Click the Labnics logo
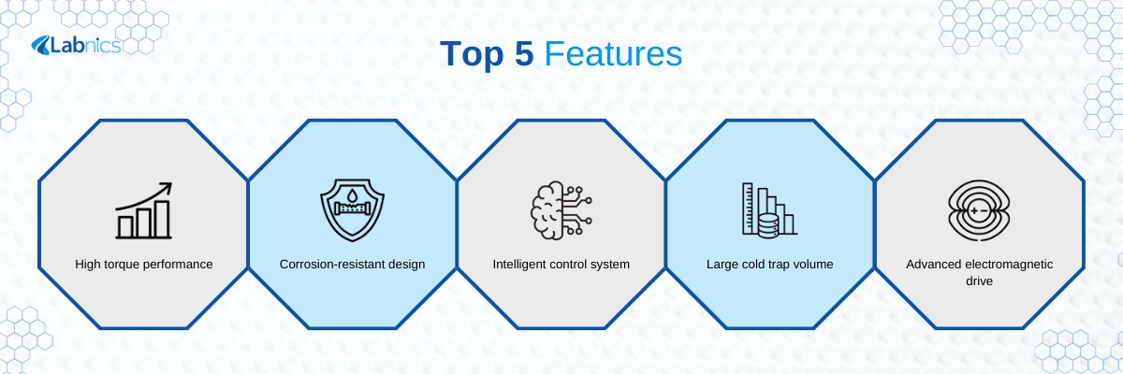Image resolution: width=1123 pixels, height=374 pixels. pos(76,46)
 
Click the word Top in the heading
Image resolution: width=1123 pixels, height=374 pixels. pos(472,54)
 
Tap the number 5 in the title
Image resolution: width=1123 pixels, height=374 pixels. pos(524,53)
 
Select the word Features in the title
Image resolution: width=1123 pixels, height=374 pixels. pos(613,53)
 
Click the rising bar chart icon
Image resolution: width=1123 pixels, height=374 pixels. pos(144,210)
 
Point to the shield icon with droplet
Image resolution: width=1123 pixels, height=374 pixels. pos(353,210)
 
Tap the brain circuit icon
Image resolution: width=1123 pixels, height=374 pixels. pos(561,210)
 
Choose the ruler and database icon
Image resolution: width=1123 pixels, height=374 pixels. pos(769,210)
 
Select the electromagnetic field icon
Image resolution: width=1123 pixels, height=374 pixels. pos(979,210)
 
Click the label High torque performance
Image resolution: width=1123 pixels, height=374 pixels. pos(144,265)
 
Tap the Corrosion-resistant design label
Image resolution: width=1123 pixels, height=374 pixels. pos(353,265)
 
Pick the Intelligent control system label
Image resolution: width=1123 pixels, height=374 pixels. pos(561,265)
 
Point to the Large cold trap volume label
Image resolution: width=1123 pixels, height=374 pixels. pos(769,265)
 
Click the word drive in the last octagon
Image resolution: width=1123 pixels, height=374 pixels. pos(979,280)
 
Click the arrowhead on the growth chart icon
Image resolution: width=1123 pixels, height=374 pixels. pos(167,188)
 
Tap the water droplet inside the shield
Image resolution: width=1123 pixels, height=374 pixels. pos(353,194)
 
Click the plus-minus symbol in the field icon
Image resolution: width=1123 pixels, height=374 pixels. pos(979,210)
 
